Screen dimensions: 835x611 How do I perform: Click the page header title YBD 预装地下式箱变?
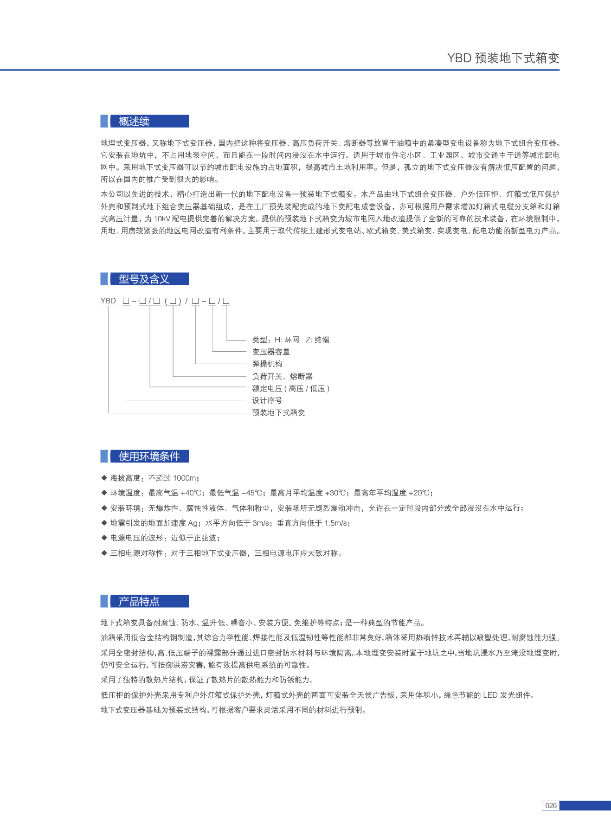point(503,58)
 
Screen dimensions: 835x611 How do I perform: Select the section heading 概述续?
point(134,122)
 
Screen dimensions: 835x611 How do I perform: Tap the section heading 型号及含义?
point(144,279)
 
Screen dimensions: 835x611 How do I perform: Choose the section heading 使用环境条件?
point(149,456)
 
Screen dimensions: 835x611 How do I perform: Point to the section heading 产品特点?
point(139,602)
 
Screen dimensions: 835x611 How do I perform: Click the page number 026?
point(551,805)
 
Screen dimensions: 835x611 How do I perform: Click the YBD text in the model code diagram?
point(108,301)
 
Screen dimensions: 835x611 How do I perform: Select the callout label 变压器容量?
point(271,352)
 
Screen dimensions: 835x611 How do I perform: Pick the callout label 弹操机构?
point(267,364)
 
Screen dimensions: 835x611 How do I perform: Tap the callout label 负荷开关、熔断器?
point(283,376)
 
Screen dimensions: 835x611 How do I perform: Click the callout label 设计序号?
point(267,400)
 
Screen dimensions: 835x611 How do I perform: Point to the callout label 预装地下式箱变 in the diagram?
point(278,412)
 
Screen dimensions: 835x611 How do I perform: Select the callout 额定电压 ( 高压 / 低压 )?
point(291,388)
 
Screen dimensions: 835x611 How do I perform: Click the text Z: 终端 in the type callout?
point(318,340)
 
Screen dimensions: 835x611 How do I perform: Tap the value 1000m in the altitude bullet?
point(185,478)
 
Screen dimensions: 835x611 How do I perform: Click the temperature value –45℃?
point(253,493)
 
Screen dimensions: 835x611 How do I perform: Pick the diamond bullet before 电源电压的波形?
point(104,538)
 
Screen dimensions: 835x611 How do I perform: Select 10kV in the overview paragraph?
point(162,218)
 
